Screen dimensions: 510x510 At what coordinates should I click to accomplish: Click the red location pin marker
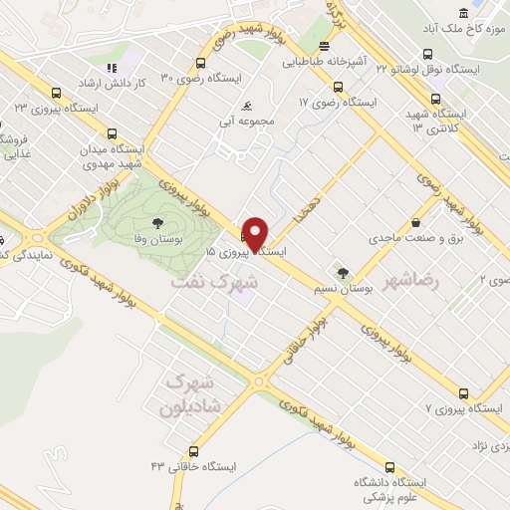pyautogui.click(x=256, y=233)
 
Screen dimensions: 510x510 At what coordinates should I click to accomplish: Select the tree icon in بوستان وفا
pyautogui.click(x=158, y=223)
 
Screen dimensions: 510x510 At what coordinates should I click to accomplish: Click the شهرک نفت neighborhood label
pyautogui.click(x=214, y=282)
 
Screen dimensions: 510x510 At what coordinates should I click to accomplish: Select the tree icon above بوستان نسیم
pyautogui.click(x=344, y=271)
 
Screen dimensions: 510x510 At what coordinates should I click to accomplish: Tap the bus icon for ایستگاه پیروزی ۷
pyautogui.click(x=461, y=393)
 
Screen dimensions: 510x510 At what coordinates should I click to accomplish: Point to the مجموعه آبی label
pyautogui.click(x=247, y=121)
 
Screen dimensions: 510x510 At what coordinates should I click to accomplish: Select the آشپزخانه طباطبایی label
pyautogui.click(x=322, y=61)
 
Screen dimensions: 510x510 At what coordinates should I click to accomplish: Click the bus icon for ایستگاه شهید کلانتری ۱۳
pyautogui.click(x=435, y=99)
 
